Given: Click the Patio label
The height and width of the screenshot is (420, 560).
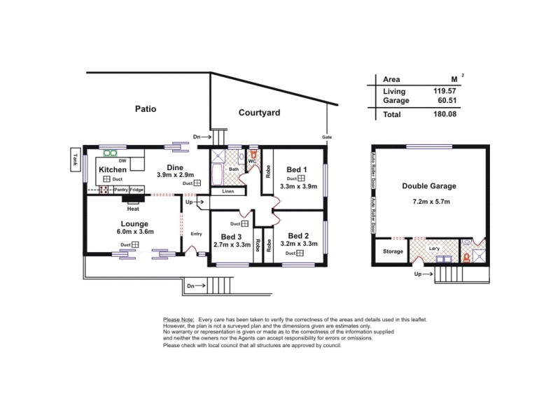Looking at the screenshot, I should tap(146, 109).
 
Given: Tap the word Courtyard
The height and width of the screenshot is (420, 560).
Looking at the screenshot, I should tap(259, 112).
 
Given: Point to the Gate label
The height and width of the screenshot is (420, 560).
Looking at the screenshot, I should tap(327, 136).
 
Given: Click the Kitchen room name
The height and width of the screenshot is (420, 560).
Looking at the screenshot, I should tap(112, 170).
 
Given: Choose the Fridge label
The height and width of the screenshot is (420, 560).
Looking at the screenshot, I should tap(136, 190).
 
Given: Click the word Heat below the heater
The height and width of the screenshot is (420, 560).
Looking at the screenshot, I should tap(132, 209).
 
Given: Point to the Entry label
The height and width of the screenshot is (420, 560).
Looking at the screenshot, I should tap(196, 234).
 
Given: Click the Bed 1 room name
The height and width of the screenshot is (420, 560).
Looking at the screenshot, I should tap(298, 169).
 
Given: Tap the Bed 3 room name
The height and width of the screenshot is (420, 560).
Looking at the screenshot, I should tap(231, 237).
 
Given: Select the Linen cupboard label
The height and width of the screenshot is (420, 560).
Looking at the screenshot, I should tap(227, 191).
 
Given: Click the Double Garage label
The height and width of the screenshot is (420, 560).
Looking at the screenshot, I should tap(429, 186).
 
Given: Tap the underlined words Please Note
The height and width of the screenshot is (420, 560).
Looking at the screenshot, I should tap(178, 319).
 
